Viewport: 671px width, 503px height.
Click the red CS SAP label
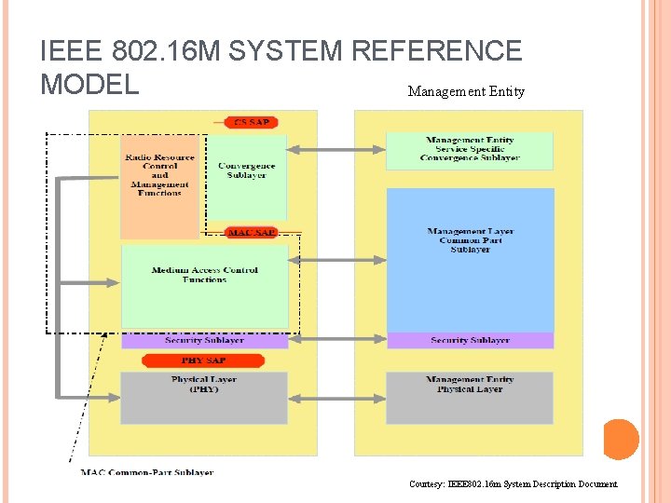pos(252,122)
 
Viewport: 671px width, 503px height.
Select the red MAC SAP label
pos(252,232)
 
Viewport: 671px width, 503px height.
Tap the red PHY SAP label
pos(203,360)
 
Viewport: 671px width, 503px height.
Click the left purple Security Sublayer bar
pos(205,340)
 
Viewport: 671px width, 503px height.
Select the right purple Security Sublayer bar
pos(470,340)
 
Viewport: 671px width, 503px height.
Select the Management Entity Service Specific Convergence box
pos(470,150)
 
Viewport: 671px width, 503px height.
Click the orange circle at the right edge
pos(621,440)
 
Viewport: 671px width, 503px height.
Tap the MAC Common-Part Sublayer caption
pos(147,472)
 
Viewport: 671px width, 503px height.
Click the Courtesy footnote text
pos(513,484)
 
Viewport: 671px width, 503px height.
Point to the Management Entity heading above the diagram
pos(466,91)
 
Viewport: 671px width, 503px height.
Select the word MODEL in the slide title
pos(89,84)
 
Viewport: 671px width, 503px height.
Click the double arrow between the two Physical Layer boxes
pos(336,398)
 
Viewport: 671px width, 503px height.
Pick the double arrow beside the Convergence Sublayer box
pos(336,148)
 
